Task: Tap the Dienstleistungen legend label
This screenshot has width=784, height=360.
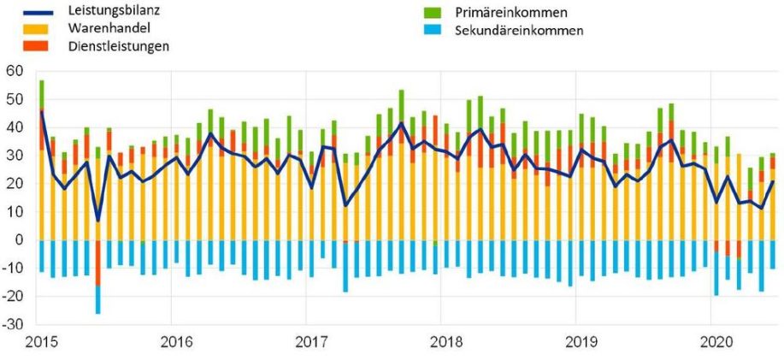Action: click(x=118, y=46)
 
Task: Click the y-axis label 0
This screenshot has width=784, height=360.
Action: click(x=21, y=240)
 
